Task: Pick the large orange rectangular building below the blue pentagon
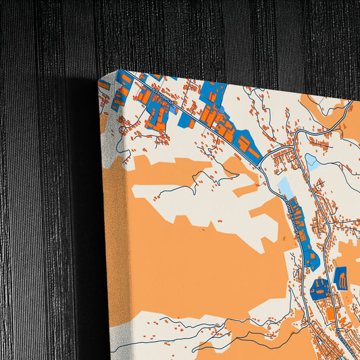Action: pyautogui.click(x=330, y=314)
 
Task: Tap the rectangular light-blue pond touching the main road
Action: pyautogui.click(x=284, y=186)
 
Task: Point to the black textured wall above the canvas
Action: pyautogui.click(x=203, y=34)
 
